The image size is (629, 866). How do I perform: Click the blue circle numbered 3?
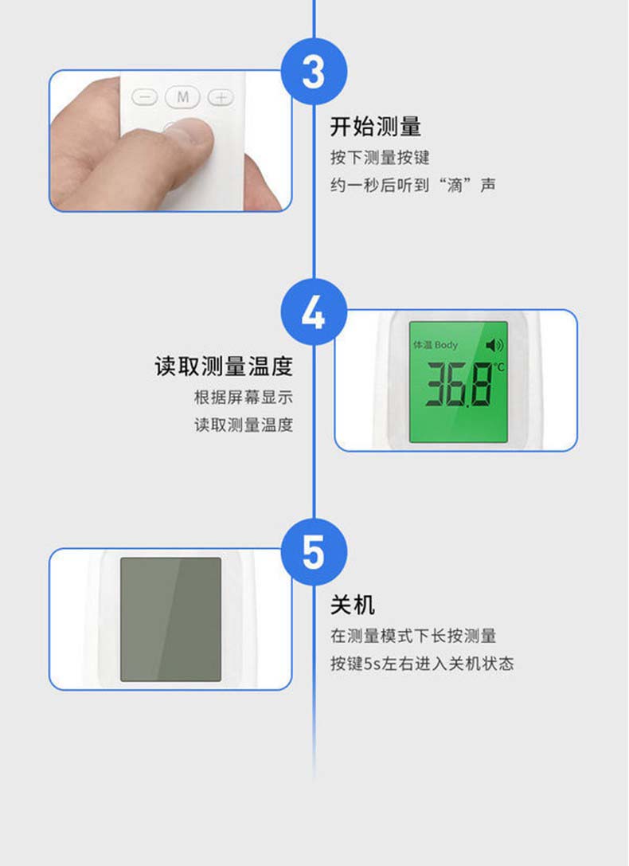click(314, 71)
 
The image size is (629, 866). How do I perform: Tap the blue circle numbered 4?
click(314, 312)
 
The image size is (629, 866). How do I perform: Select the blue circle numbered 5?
click(314, 552)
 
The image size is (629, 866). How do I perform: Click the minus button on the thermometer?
click(145, 98)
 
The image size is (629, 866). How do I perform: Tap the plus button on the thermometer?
click(221, 98)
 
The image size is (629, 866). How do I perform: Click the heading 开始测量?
click(376, 127)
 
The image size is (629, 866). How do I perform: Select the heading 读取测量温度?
click(224, 366)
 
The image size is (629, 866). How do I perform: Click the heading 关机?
click(353, 605)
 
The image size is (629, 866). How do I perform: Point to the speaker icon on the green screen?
click(494, 345)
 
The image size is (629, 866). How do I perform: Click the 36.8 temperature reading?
click(459, 384)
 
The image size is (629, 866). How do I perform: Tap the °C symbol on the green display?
click(498, 366)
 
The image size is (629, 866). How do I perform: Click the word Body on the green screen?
click(446, 345)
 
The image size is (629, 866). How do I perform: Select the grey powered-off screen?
click(170, 619)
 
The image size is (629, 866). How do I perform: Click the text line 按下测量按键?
click(380, 158)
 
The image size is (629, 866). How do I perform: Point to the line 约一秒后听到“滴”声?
click(412, 185)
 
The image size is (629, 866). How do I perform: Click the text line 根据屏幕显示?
click(244, 397)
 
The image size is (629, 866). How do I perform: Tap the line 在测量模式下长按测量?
click(413, 636)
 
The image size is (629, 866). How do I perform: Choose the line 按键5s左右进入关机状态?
click(422, 664)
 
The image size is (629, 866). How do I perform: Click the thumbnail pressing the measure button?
click(170, 141)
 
